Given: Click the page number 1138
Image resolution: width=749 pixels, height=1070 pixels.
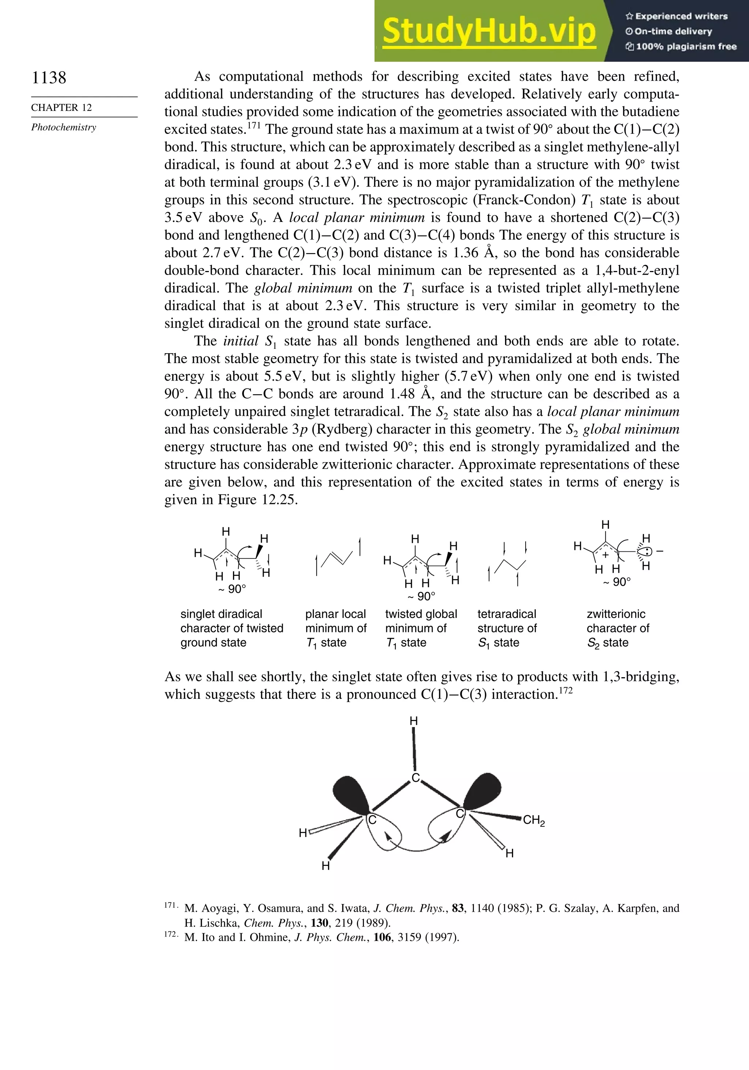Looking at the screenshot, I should pyautogui.click(x=49, y=78).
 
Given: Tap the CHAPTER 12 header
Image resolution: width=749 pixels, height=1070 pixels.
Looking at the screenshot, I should pyautogui.click(x=61, y=108).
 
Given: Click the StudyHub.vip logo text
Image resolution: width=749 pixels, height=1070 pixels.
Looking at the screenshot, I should pyautogui.click(x=489, y=31).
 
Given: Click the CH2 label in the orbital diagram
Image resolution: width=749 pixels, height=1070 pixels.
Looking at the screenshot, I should pyautogui.click(x=534, y=820).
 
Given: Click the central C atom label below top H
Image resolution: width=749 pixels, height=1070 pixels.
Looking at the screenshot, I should pyautogui.click(x=415, y=778).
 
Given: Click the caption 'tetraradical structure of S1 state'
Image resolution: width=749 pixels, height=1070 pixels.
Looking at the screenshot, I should pyautogui.click(x=507, y=628).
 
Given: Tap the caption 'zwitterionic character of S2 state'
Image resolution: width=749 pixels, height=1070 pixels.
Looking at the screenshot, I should pyautogui.click(x=618, y=628).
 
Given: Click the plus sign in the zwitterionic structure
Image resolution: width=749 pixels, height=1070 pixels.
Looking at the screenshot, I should pyautogui.click(x=605, y=555).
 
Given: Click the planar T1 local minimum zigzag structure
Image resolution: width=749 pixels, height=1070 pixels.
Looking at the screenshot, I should pyautogui.click(x=338, y=558).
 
